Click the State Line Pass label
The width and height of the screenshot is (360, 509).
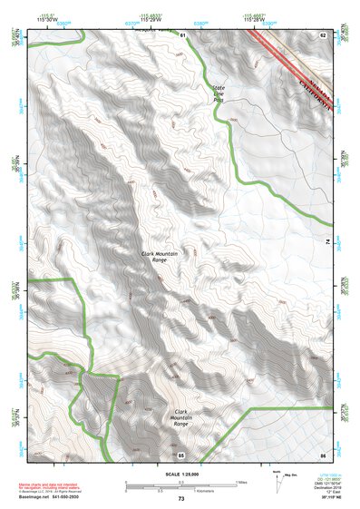[219, 93]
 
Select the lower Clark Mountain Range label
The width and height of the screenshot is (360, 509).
[181, 419]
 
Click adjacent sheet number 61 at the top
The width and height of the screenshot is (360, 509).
[181, 34]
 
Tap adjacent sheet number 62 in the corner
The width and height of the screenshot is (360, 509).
[322, 34]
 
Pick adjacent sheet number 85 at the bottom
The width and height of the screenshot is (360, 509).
[181, 454]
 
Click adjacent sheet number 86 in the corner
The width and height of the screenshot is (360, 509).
[322, 454]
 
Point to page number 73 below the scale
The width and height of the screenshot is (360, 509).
[180, 499]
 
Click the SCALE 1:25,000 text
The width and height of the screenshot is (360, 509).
[180, 473]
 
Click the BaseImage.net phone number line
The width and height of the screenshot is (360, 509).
[51, 498]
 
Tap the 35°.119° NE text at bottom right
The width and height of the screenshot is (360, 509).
[327, 498]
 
